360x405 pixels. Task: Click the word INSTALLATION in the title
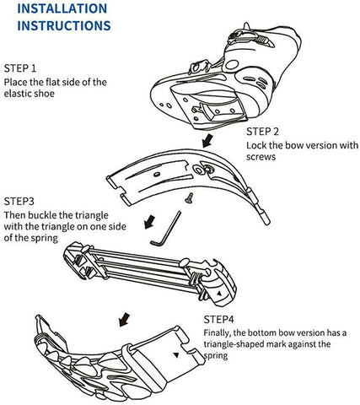(x=62, y=8)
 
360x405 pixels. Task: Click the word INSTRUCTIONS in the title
(x=64, y=25)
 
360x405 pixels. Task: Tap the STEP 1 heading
(x=20, y=68)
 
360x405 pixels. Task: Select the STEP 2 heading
(x=262, y=132)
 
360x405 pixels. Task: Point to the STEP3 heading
(x=19, y=202)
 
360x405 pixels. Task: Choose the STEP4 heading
(x=218, y=320)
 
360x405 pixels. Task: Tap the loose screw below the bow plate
(x=189, y=197)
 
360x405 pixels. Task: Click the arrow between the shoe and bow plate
(x=207, y=141)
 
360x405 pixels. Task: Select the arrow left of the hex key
(x=149, y=222)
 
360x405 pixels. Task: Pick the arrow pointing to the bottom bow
(x=124, y=320)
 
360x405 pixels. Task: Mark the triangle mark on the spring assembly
(x=219, y=294)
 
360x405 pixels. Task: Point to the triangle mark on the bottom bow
(x=176, y=355)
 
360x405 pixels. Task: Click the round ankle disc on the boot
(x=232, y=65)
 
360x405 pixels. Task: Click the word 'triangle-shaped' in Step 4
(x=234, y=344)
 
